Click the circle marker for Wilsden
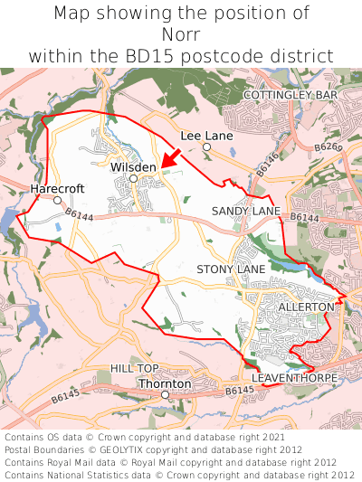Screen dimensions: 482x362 click(x=133, y=179)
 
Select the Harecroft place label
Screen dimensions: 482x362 click(x=57, y=188)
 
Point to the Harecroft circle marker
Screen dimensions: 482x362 click(x=57, y=200)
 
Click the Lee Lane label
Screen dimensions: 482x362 click(x=206, y=135)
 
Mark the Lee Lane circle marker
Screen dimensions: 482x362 click(x=206, y=146)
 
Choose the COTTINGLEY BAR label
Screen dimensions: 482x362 click(x=291, y=94)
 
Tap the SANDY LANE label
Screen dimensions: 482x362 click(x=246, y=211)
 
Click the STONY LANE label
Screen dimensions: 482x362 click(x=231, y=269)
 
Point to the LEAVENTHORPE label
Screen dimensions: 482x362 click(x=294, y=376)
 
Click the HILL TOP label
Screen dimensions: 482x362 click(x=134, y=368)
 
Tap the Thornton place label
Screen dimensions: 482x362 click(x=165, y=383)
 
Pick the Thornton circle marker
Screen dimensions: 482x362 click(x=165, y=395)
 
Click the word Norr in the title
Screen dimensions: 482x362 click(x=181, y=34)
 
